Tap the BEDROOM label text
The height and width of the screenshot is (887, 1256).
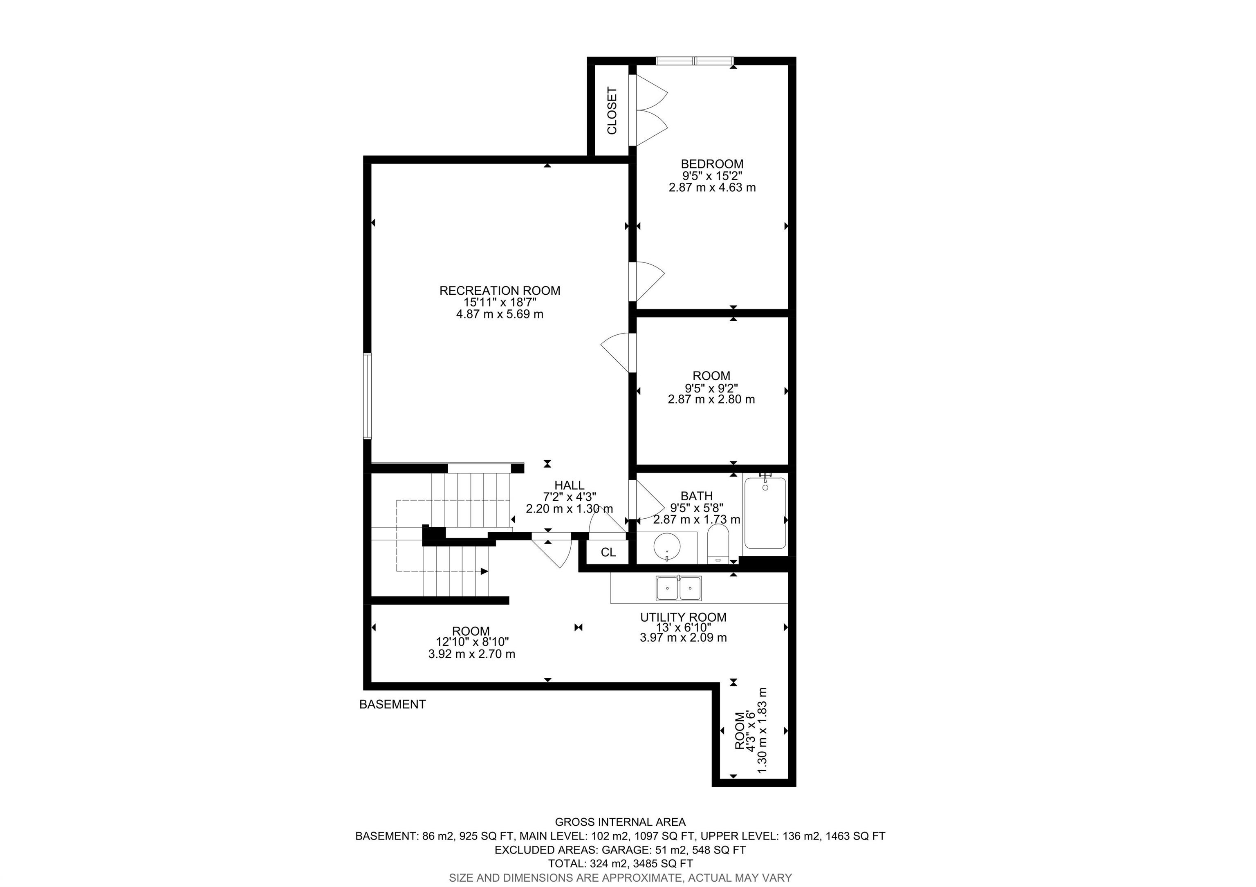point(712,164)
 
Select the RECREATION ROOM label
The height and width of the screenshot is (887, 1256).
point(500,290)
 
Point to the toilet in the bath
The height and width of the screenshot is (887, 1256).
point(718,544)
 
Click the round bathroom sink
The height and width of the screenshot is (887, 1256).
point(667,547)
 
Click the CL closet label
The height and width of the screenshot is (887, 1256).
point(608,552)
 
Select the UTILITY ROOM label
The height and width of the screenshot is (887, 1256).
point(683,617)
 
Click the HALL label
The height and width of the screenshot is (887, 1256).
point(570,485)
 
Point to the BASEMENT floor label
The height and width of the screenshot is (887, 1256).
point(392,704)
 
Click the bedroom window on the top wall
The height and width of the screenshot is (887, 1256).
point(695,61)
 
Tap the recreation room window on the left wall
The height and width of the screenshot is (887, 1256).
point(368,396)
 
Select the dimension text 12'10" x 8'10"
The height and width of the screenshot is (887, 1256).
point(472,642)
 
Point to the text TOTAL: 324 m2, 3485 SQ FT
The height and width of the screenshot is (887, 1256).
point(620,863)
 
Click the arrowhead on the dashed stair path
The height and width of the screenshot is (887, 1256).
point(484,571)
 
